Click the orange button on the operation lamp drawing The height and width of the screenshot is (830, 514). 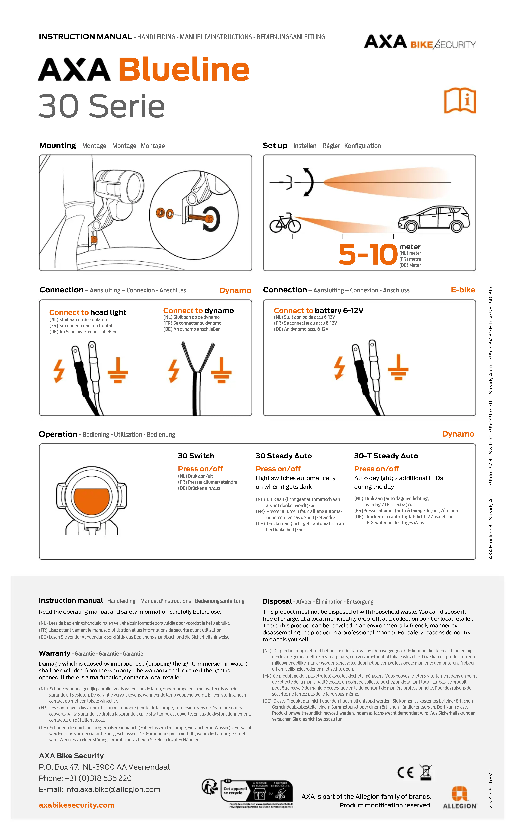pos(91,501)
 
